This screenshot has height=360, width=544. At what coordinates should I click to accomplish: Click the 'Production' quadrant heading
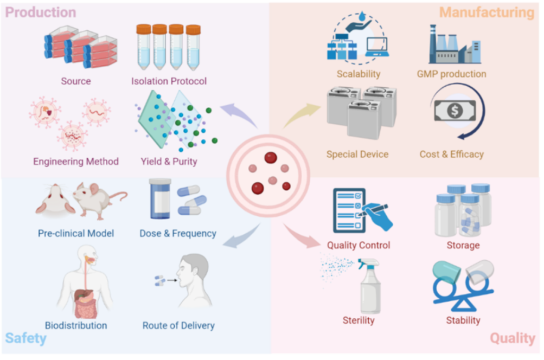(41, 12)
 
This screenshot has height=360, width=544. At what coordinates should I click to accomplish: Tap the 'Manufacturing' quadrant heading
(487, 12)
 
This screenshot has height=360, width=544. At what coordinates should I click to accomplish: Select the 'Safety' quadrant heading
(25, 338)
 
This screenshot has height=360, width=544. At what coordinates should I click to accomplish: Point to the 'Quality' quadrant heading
(513, 338)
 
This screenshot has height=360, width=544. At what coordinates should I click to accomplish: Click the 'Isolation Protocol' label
(169, 81)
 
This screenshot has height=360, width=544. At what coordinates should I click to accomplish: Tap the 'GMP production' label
(451, 74)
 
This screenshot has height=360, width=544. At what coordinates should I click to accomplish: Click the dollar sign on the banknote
(455, 111)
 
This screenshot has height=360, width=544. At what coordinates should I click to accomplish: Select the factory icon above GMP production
(455, 45)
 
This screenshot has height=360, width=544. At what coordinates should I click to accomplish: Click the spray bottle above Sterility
(370, 286)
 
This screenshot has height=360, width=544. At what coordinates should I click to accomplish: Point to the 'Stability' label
(463, 320)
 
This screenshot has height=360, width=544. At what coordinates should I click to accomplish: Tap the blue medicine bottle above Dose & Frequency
(161, 199)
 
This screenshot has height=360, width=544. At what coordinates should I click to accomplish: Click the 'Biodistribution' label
(76, 325)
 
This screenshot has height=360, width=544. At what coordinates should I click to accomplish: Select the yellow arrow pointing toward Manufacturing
(301, 115)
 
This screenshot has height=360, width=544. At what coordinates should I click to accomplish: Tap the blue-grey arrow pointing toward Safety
(241, 236)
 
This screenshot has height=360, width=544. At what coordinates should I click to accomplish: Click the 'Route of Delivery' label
(178, 325)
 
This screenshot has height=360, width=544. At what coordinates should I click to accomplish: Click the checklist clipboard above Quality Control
(349, 210)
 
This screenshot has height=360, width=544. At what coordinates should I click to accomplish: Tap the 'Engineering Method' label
(76, 161)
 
